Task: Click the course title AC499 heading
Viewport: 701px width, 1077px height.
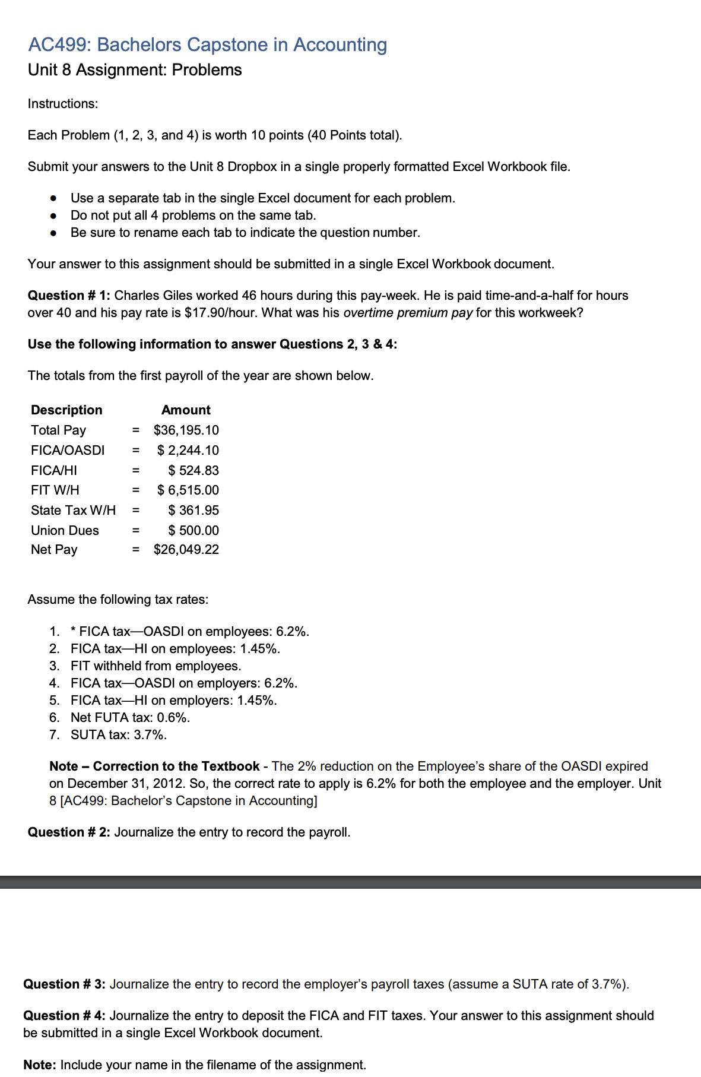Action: [x=207, y=45]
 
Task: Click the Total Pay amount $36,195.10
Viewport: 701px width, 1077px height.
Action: [x=186, y=430]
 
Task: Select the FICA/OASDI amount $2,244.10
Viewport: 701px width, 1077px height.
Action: [x=188, y=450]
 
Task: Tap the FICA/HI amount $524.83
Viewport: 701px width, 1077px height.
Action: [x=194, y=470]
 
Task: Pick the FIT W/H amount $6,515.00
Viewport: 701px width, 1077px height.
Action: [x=188, y=490]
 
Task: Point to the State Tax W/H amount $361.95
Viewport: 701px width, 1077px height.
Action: [x=194, y=510]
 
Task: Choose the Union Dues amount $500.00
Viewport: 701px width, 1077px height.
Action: [x=194, y=530]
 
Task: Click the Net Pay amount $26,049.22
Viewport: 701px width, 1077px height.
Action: [x=186, y=550]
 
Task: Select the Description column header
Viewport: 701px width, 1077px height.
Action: [x=66, y=410]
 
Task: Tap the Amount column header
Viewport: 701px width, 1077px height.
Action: [x=186, y=410]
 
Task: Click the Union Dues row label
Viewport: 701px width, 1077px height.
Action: [x=65, y=530]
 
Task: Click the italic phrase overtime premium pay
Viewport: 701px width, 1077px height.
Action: [x=408, y=312]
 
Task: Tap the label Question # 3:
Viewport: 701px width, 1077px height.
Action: [x=64, y=984]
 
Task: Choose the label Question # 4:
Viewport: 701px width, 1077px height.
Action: [x=64, y=1015]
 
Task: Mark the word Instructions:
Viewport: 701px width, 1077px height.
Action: [x=63, y=103]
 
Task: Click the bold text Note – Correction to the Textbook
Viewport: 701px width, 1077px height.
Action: [x=154, y=766]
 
